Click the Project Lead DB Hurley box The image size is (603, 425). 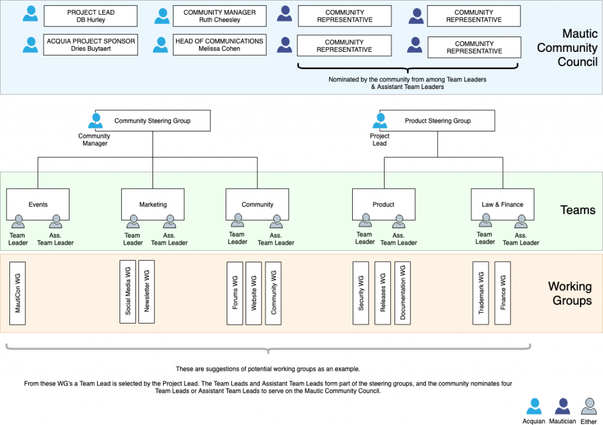[91, 16]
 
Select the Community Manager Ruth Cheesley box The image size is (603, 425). [220, 16]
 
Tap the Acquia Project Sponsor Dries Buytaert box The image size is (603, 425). [91, 45]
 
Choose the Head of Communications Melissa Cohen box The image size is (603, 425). [220, 45]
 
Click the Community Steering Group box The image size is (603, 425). [153, 121]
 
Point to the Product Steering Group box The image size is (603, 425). [438, 121]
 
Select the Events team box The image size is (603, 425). [38, 205]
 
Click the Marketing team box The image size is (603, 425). [153, 205]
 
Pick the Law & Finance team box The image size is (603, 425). [502, 205]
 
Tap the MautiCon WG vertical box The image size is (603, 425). [18, 293]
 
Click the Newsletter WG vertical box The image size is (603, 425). [147, 291]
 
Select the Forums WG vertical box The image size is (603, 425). [235, 292]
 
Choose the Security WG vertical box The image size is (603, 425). [361, 292]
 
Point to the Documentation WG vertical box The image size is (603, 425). [403, 292]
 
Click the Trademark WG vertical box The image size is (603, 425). [481, 292]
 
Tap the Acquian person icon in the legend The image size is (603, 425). [534, 406]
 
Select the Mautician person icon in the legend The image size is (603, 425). [562, 406]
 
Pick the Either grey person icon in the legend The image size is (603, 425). [588, 406]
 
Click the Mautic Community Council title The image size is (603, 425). [566, 48]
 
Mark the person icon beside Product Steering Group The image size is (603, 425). [380, 121]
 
